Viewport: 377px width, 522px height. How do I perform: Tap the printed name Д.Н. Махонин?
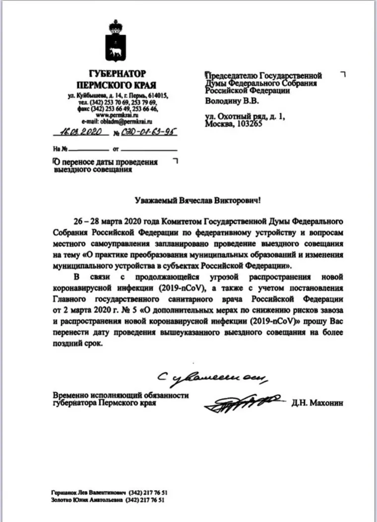(x=317, y=403)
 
